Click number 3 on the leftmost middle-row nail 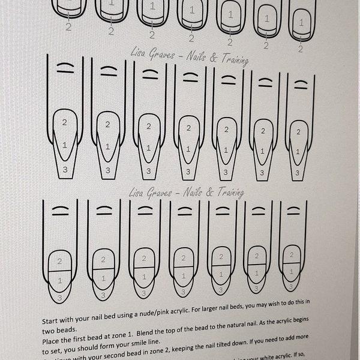point(65,169)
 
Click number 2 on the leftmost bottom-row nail point(59,262)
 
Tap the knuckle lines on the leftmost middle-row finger point(64,68)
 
